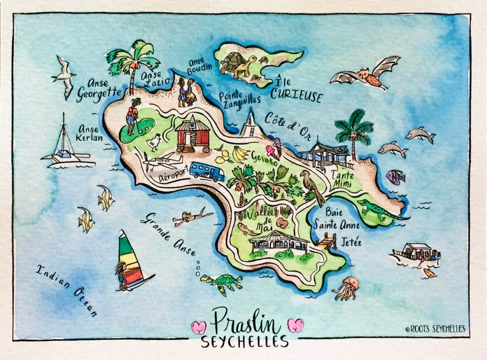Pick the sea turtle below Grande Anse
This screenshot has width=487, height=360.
click(222, 282)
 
